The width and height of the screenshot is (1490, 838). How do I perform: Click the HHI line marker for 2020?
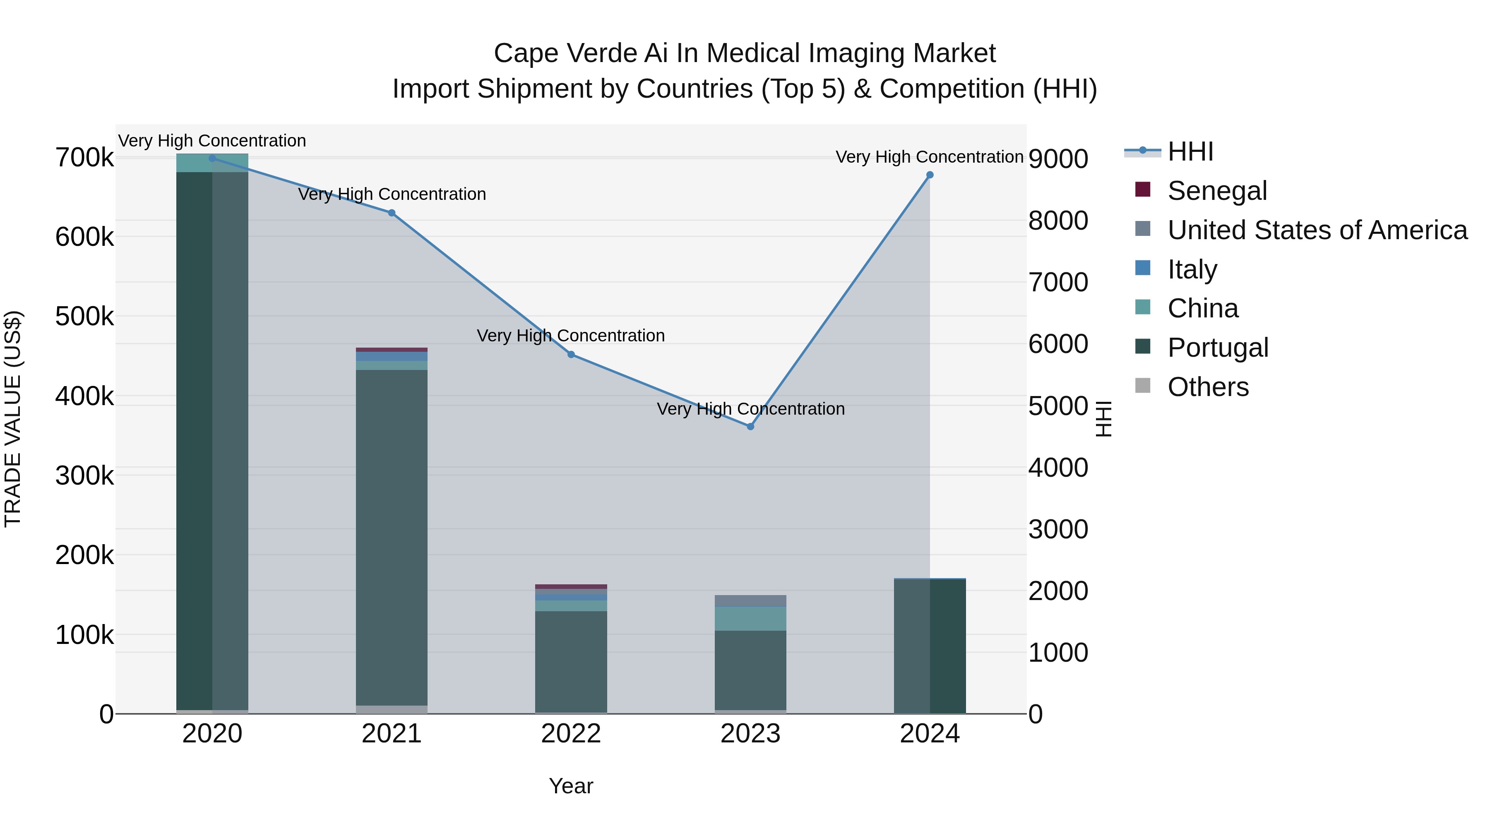(212, 158)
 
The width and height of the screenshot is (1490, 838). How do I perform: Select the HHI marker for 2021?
(392, 213)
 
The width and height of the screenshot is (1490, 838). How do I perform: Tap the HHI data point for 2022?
(571, 355)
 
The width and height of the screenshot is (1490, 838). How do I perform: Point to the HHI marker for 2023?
(750, 427)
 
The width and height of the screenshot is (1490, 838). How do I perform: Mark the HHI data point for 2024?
(930, 175)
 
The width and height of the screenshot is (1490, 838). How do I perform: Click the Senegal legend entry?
(1217, 191)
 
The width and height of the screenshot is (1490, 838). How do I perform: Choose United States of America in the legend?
(1317, 230)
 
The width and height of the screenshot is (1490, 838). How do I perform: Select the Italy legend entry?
(1192, 269)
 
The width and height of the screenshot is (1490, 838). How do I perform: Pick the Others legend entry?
(1208, 387)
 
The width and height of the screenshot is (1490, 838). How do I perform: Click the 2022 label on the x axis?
(571, 734)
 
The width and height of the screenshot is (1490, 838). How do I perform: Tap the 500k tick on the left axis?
(84, 316)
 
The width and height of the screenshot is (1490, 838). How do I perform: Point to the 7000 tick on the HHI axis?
(1058, 283)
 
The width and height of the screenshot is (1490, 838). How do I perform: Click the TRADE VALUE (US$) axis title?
(13, 419)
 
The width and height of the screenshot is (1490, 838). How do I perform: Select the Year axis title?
(571, 786)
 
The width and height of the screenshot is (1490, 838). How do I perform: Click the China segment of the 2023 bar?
(750, 618)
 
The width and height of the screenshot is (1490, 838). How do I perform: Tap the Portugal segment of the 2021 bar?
(392, 538)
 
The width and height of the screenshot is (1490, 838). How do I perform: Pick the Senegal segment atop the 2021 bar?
(392, 350)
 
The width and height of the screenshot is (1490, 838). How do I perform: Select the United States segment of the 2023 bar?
(750, 601)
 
